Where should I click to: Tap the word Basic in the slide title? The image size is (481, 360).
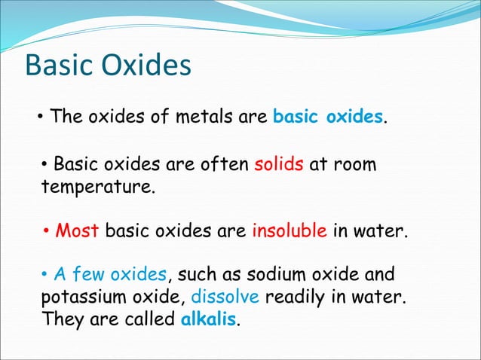coord(57,66)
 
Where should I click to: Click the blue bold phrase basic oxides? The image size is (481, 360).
coord(328,118)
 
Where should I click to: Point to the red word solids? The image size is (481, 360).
coord(279,164)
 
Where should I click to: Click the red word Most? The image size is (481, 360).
coord(78,230)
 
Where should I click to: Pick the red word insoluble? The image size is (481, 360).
coord(290,230)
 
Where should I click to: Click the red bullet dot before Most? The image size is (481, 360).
coord(46,230)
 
